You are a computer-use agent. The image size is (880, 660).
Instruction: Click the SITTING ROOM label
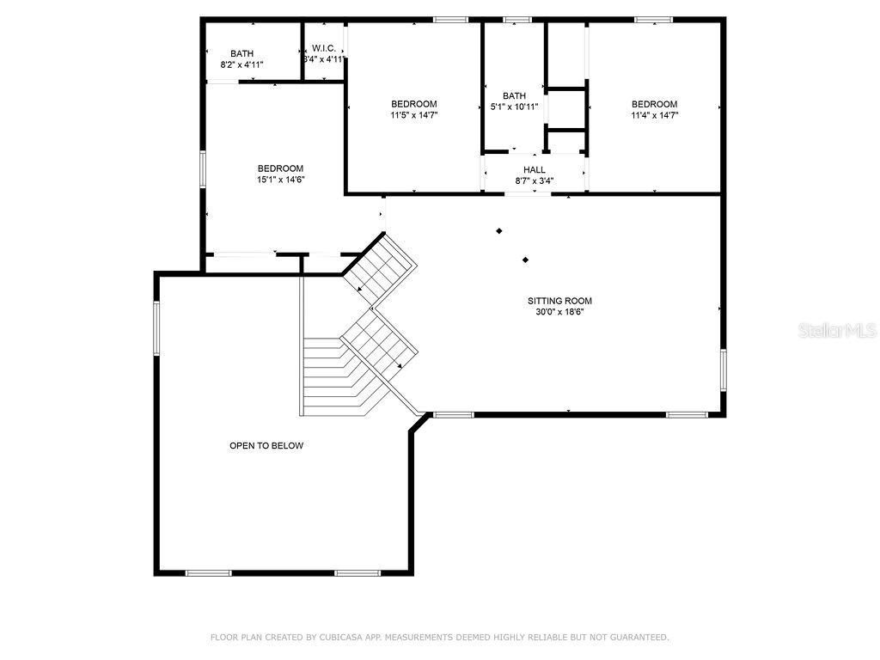(559, 301)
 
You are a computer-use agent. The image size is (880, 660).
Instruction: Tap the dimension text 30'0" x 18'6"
(559, 312)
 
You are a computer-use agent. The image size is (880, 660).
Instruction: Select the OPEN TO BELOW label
(266, 445)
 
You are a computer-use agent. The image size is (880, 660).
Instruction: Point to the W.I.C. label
(324, 48)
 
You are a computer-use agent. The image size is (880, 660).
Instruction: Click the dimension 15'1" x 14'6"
(281, 180)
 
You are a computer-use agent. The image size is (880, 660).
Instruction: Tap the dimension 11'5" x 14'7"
(414, 115)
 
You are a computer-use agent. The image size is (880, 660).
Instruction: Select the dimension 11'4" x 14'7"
(655, 115)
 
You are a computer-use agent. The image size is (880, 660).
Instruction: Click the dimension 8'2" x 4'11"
(241, 64)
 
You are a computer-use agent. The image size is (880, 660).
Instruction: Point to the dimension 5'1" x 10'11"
(514, 107)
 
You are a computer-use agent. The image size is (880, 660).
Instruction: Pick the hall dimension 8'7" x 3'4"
(535, 181)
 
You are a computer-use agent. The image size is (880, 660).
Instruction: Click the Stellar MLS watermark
(837, 331)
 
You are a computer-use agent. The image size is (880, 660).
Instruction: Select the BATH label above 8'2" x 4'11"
(241, 53)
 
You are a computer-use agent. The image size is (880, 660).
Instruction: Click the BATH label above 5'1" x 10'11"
(514, 96)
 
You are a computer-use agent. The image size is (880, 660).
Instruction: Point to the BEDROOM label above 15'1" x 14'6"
(281, 168)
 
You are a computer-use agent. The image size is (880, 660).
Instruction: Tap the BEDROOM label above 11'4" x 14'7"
(655, 104)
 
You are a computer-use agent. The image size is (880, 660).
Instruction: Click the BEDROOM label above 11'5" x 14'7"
(414, 104)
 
